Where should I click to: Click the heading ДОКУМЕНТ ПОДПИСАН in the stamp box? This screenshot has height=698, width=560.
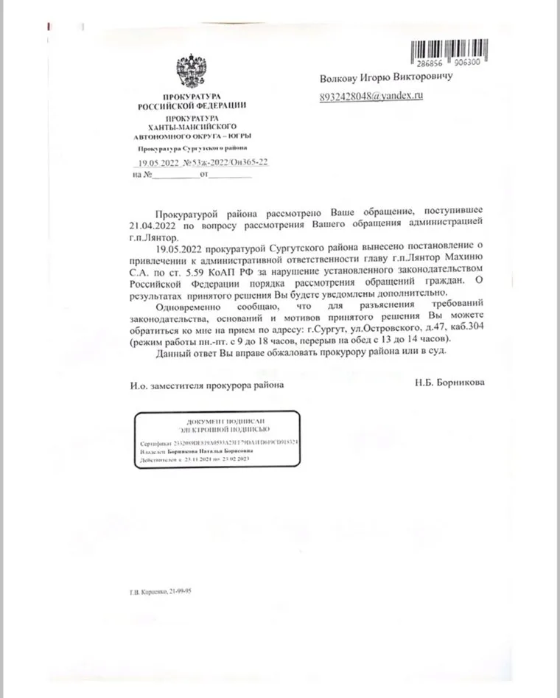point(218,418)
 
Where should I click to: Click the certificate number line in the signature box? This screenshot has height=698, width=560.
point(219,444)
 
